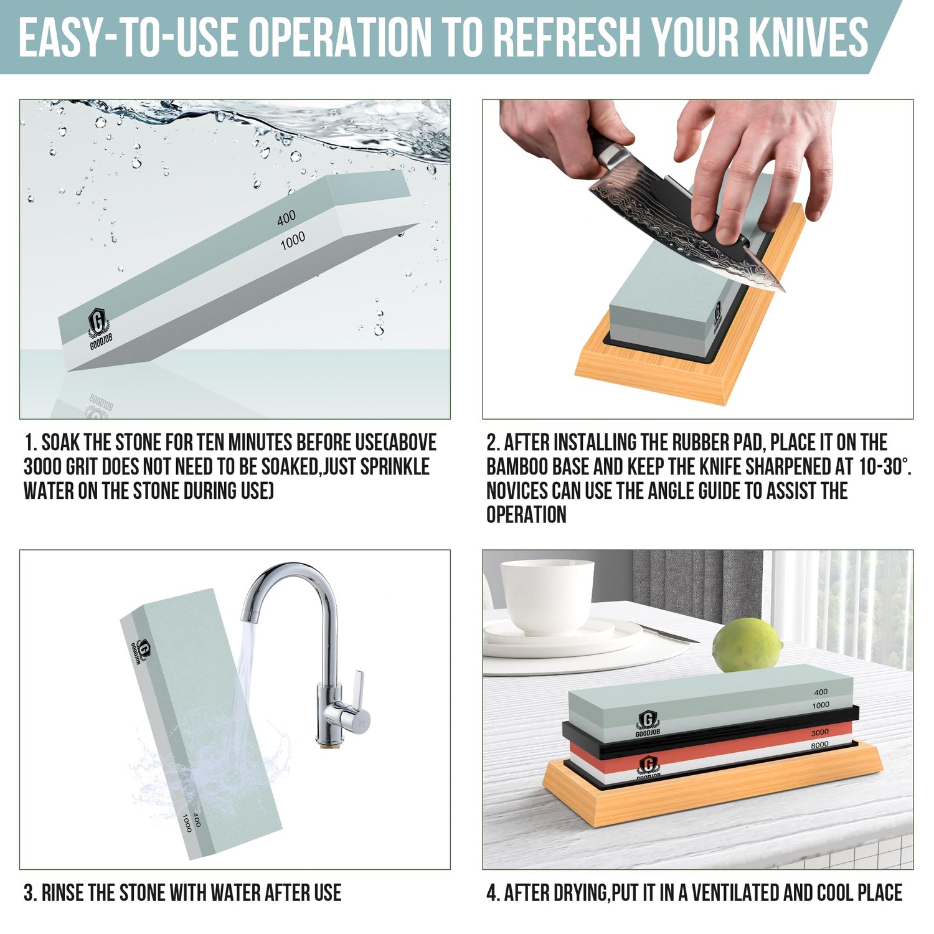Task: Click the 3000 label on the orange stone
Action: tap(819, 733)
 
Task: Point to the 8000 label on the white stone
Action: tap(819, 745)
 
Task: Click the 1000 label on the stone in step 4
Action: tap(821, 705)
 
